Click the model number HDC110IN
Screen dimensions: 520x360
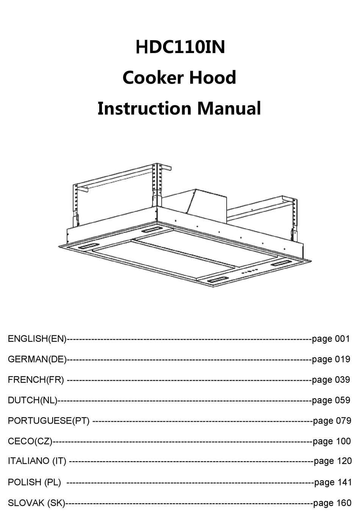pos(180,48)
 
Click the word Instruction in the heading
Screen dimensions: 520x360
pos(144,108)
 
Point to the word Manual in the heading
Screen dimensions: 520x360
pos(229,108)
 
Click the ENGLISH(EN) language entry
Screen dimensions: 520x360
pos(37,339)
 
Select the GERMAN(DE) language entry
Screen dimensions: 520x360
pos(37,359)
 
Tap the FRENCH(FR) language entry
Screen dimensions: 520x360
pos(36,380)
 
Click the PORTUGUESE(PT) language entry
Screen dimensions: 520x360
pos(49,421)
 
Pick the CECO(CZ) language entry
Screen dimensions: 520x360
pos(30,441)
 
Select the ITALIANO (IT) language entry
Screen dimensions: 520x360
pos(37,461)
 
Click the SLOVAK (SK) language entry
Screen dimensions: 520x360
pos(36,503)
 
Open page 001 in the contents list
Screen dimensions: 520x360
pos(331,339)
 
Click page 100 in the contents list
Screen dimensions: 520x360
pos(332,441)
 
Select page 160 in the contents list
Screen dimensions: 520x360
pos(332,503)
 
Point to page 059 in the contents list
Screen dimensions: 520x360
pos(331,400)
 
